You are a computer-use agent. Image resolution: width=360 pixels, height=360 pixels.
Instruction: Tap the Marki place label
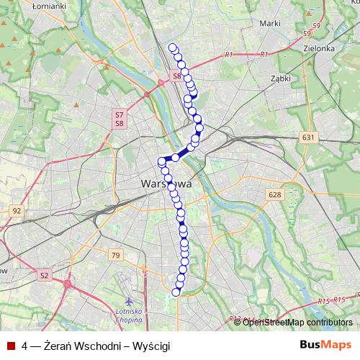tap(269, 23)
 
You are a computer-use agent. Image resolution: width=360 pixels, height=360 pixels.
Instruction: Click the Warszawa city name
tap(166, 184)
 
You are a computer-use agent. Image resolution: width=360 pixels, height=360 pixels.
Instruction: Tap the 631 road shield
tap(308, 137)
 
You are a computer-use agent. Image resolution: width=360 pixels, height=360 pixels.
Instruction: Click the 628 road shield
tap(274, 194)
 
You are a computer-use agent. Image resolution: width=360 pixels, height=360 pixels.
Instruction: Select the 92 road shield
tap(17, 211)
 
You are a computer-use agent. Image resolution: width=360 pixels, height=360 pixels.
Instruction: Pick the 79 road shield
tap(115, 254)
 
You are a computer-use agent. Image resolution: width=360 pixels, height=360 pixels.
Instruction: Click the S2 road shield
tap(44, 274)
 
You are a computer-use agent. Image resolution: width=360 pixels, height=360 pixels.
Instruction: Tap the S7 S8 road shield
tap(119, 119)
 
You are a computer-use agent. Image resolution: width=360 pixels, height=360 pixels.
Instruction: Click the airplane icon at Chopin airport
tap(128, 300)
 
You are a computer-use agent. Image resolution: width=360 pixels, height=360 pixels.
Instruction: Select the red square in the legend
tap(11, 346)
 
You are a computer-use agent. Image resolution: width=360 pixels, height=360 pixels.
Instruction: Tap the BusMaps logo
tap(325, 345)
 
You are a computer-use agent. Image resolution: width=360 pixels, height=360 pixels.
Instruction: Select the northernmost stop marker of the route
tap(172, 48)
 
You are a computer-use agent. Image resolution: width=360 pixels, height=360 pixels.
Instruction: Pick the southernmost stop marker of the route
tap(176, 292)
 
